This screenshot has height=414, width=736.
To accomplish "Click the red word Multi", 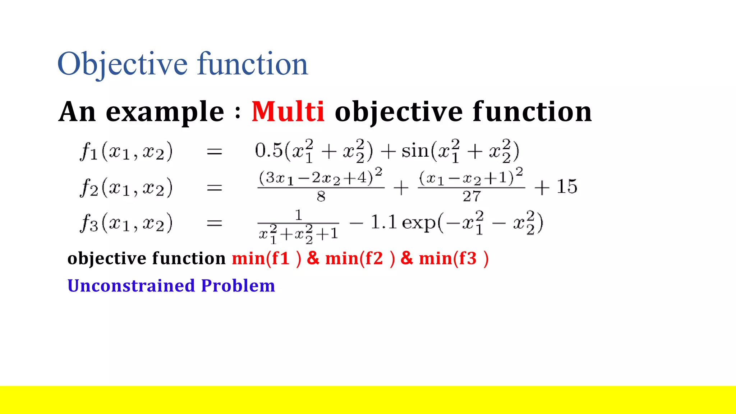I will coord(288,112).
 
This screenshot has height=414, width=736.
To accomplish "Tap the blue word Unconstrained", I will coord(131,286).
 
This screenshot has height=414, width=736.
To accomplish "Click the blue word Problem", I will coord(238,286).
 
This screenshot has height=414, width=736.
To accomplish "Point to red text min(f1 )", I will coord(266,258).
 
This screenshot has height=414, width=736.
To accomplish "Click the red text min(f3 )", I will coord(454,258).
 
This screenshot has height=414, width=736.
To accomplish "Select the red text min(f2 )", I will coord(360,258).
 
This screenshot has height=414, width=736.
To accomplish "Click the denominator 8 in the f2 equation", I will coord(321,197).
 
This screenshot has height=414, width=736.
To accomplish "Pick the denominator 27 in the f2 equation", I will coord(471,197).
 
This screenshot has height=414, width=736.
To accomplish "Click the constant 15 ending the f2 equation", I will coord(567,187).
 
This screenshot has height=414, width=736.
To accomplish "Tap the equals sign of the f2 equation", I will coord(215,188).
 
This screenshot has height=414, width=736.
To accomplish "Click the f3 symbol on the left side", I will coord(88,223).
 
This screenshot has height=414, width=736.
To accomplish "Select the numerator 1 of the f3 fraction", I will coord(298,215).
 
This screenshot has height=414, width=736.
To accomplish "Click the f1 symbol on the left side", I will coord(88,151).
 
